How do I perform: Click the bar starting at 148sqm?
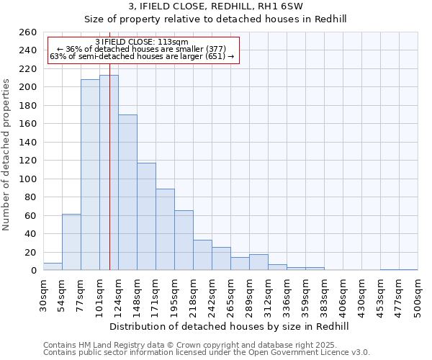pos(146,217)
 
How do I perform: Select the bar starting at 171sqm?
pos(165,230)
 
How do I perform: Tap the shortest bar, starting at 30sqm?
pos(53,266)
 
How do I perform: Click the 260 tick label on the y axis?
pos(28,32)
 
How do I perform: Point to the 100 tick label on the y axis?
pos(28,179)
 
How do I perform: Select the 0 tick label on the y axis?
pos(34,271)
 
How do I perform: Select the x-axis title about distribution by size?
pos(230,326)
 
